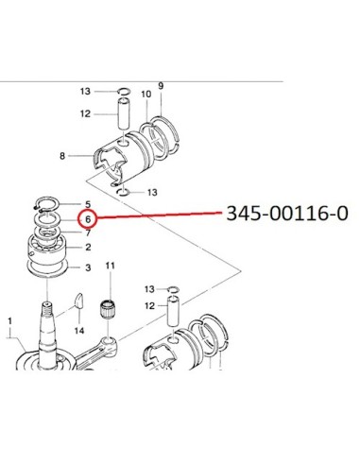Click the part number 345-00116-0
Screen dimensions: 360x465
point(287,214)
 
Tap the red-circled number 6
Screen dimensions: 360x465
point(88,219)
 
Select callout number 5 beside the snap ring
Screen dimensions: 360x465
point(88,204)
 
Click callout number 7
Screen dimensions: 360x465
point(88,232)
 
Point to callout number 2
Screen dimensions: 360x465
point(88,248)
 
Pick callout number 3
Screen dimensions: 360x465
point(88,267)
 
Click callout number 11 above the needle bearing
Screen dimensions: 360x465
point(110,266)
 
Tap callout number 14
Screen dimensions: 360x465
point(79,331)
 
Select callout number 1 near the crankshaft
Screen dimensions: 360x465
point(9,321)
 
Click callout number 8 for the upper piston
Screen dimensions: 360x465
point(62,156)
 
